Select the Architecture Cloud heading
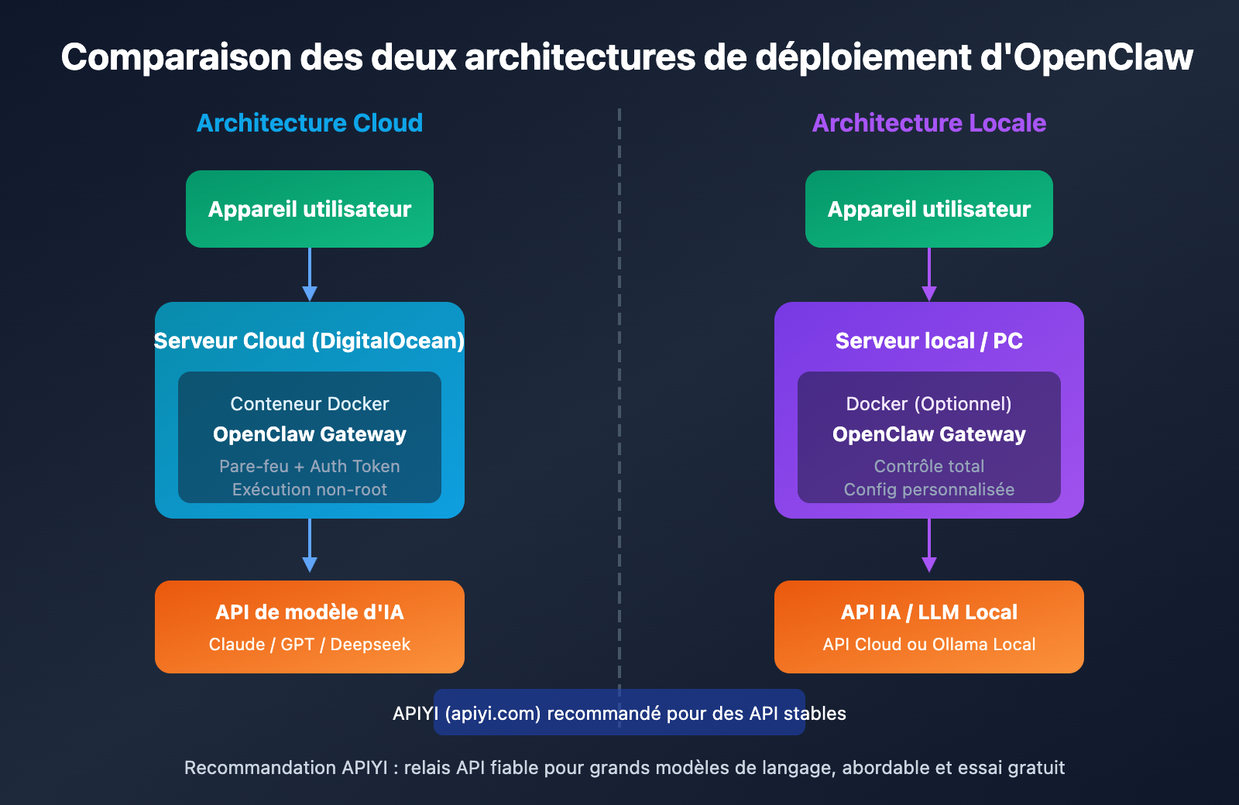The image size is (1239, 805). point(310,123)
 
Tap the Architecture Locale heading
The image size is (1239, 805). point(929,123)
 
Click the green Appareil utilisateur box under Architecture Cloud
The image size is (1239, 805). point(310,209)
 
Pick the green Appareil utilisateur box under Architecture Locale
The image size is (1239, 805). point(929,209)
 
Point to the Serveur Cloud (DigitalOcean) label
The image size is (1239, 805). point(310,341)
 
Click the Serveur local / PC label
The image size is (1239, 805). point(929,341)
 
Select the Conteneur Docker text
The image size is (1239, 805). point(310,404)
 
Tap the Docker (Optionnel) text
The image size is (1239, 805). point(929,404)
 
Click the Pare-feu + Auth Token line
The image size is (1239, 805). point(310,466)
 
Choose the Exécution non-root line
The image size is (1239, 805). point(310,489)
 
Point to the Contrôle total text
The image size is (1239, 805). point(929,466)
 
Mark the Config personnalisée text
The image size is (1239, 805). point(929,489)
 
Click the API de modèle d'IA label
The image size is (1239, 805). point(310,612)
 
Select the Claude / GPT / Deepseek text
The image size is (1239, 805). point(310,644)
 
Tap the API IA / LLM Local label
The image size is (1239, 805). point(929,612)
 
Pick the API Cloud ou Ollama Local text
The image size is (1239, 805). point(929,644)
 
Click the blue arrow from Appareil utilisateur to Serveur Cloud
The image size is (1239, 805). point(310,275)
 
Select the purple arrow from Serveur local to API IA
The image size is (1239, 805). point(929,546)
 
